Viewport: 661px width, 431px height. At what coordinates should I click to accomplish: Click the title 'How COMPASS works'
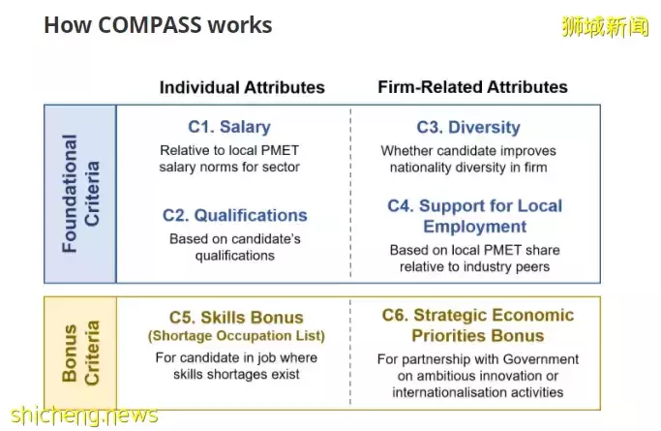pos(158,25)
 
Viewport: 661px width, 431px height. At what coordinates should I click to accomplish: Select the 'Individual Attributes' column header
pos(242,87)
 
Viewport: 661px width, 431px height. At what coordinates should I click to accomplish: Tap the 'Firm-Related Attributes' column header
pos(472,87)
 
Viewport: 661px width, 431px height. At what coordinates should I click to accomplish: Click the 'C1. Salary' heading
pos(229,127)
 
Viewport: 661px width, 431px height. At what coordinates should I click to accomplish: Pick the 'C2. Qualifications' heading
pos(235,215)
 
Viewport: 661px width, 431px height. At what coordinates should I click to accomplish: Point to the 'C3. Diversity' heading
pos(468,127)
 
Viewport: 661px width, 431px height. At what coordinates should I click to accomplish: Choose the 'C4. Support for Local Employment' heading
pos(474,216)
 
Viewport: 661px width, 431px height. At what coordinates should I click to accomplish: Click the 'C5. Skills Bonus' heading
pos(236,317)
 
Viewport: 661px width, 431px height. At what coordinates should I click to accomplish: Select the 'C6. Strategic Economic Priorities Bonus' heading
pos(478,325)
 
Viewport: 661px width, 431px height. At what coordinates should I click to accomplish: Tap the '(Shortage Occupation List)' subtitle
pos(236,336)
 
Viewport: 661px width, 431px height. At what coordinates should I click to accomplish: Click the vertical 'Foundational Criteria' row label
pos(80,194)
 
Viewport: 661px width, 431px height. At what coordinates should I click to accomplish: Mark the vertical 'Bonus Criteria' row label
pos(80,353)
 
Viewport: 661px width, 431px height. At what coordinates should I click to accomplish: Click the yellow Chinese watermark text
pos(606,26)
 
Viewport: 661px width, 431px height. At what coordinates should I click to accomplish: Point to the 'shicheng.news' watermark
pos(84,416)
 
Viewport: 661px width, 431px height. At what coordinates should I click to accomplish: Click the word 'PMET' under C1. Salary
pos(280,150)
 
